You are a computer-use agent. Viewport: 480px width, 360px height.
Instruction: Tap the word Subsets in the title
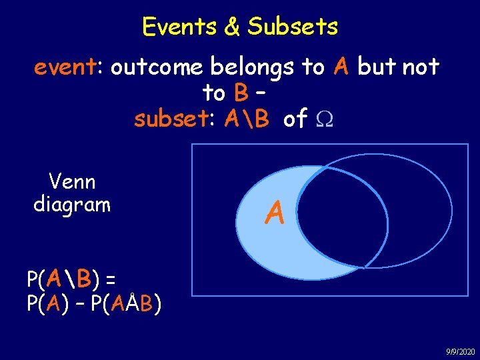[x=293, y=27]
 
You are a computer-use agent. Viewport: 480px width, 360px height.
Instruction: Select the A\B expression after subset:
[x=247, y=119]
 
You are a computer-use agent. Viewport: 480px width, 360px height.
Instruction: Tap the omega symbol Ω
[x=323, y=120]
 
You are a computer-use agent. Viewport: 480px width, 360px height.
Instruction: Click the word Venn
[x=72, y=181]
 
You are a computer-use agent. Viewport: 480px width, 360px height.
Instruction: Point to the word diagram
[x=72, y=204]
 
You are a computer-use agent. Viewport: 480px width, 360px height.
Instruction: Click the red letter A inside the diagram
[x=274, y=213]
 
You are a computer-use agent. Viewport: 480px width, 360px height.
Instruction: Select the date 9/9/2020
[x=461, y=351]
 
